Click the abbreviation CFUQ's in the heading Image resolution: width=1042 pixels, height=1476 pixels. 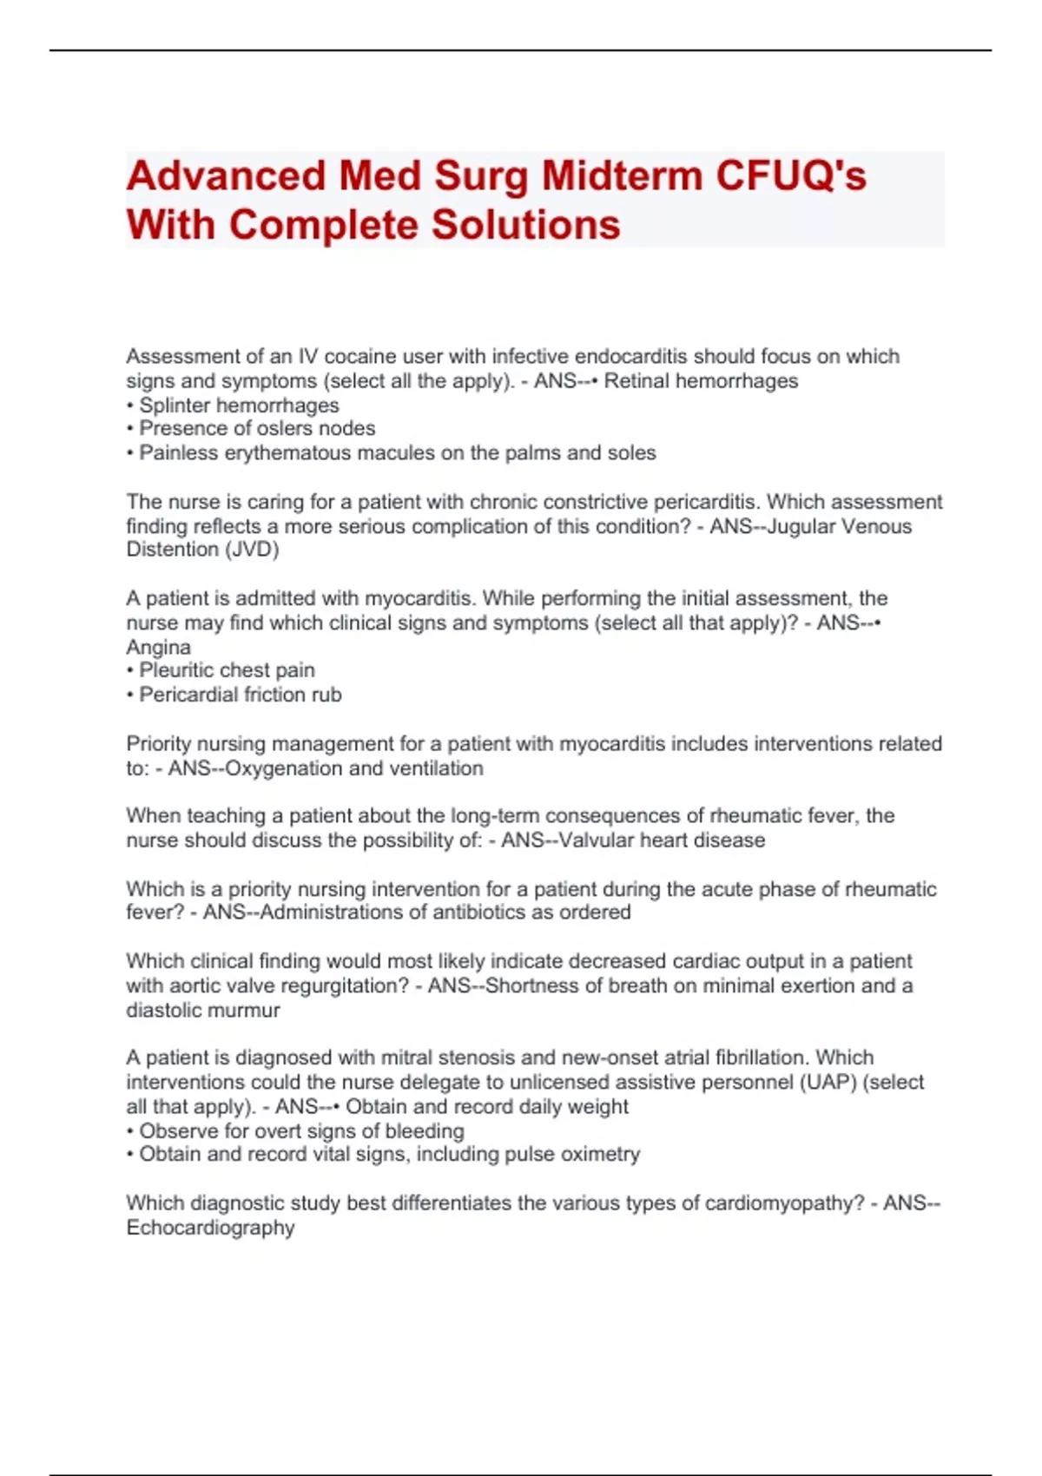790,176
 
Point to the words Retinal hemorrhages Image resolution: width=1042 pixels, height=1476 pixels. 701,381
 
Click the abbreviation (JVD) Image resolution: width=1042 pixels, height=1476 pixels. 251,550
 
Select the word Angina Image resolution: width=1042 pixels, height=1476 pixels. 159,648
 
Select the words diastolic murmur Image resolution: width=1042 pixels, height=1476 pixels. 203,1011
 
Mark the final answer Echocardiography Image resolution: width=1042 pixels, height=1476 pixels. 211,1228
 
